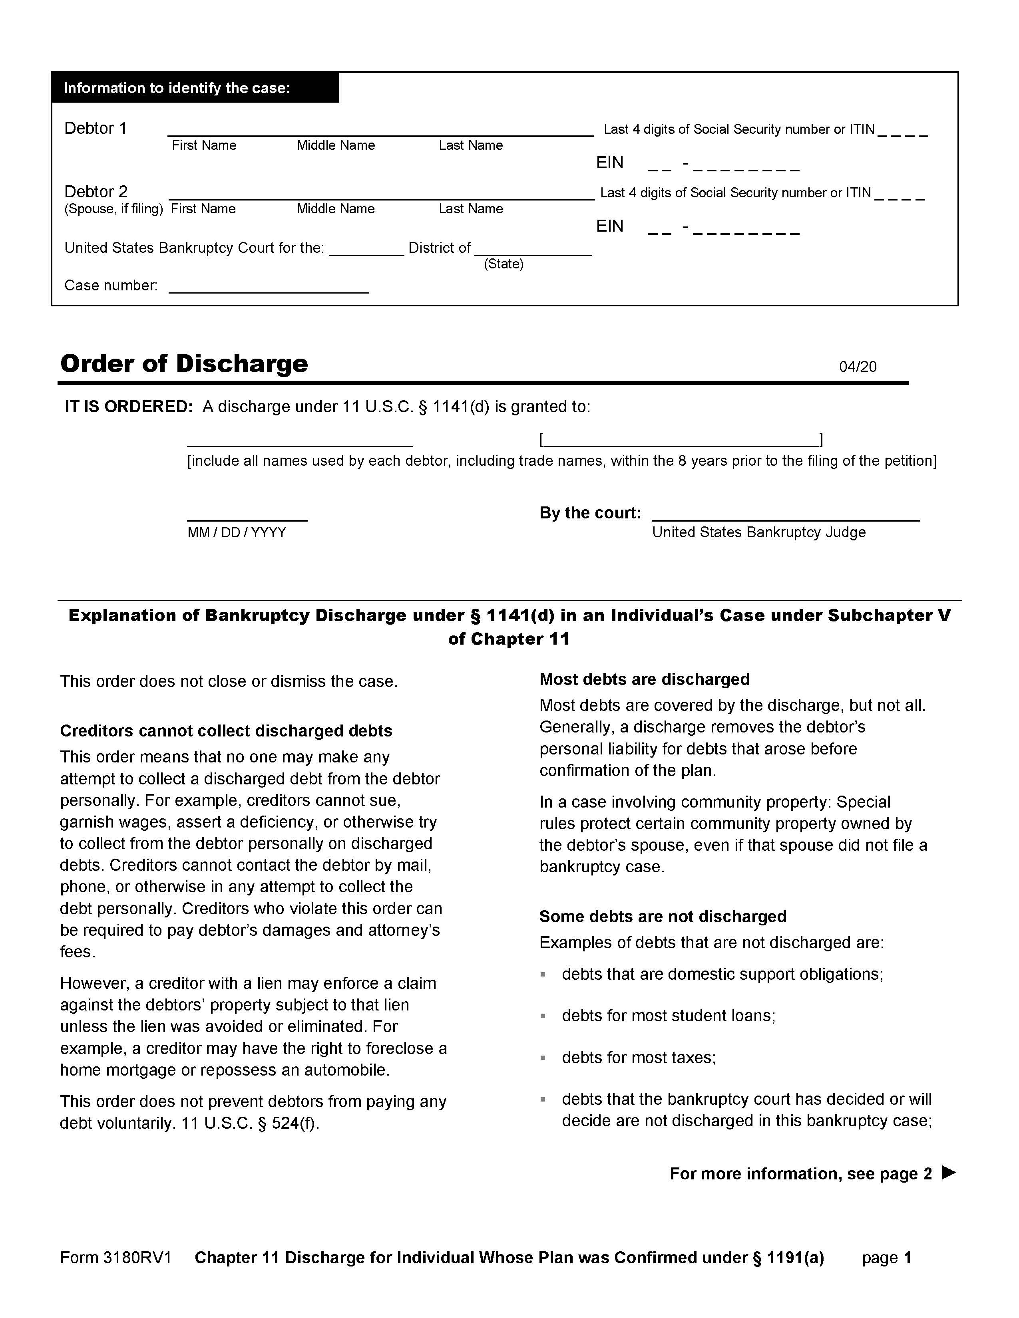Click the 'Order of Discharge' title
184,363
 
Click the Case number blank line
269,292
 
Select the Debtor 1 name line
380,134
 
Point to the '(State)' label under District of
504,264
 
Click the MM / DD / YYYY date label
237,532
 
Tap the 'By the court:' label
590,513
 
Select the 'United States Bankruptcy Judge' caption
759,532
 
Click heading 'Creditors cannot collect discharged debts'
226,731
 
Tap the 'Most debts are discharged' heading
644,679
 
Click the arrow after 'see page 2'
949,1173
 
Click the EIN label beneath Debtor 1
610,163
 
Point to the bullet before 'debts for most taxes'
543,1058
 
